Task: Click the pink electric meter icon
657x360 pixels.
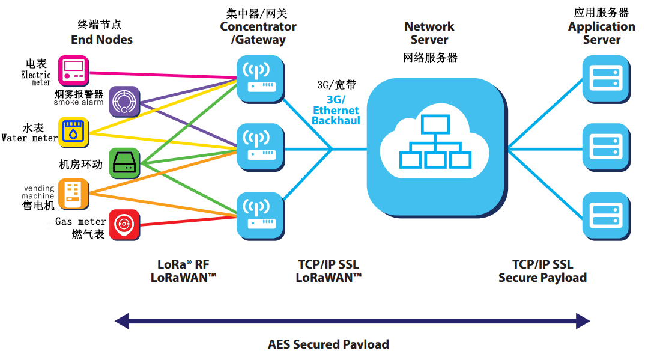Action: point(74,70)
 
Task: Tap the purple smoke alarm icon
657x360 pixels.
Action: point(124,102)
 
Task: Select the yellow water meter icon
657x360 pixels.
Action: point(74,133)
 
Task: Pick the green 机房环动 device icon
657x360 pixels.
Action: point(124,163)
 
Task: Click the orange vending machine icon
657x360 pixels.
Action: point(74,194)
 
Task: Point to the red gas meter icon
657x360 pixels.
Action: point(124,225)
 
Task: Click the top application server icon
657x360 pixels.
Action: point(606,78)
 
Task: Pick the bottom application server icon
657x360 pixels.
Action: point(606,213)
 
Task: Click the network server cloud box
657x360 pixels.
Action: point(435,146)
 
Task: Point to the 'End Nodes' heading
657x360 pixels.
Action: point(101,40)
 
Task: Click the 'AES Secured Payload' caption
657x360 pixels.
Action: point(328,344)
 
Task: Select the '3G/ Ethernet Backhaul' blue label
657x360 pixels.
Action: point(336,110)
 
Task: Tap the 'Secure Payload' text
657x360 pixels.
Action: point(542,278)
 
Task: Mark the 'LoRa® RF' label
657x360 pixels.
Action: point(184,264)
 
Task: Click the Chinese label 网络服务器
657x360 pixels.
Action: point(430,58)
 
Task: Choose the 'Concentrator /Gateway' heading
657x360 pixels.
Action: point(258,34)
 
